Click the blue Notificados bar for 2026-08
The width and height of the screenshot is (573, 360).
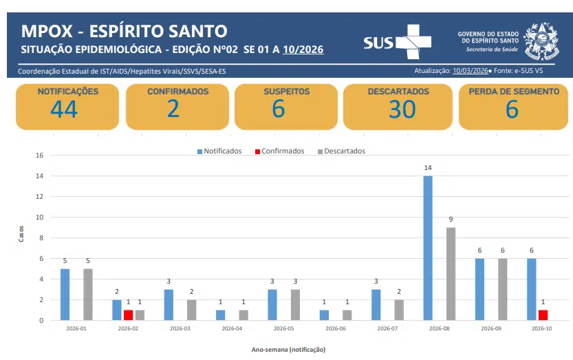[x=428, y=248]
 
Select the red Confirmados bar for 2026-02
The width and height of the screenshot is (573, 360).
[x=128, y=315]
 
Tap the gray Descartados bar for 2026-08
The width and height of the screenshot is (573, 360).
[x=450, y=273]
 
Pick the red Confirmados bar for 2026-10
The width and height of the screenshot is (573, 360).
[x=543, y=315]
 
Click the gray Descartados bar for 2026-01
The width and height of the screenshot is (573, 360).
[x=88, y=294]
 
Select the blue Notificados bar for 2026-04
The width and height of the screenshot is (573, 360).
[x=220, y=315]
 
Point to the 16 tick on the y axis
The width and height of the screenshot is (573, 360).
[x=39, y=156]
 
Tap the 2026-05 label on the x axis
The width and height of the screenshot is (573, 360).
[x=284, y=329]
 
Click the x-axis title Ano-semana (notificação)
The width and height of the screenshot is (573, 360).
[x=288, y=349]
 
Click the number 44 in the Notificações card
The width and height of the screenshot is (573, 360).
[x=63, y=109]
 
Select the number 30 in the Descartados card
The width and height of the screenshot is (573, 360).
[x=402, y=109]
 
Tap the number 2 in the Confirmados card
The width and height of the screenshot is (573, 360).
[x=173, y=109]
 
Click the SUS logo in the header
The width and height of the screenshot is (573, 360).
[x=397, y=42]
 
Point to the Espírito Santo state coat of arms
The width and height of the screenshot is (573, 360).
[x=543, y=41]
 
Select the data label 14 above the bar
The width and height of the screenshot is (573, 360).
[x=428, y=168]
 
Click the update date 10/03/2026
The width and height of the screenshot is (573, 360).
[x=470, y=71]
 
